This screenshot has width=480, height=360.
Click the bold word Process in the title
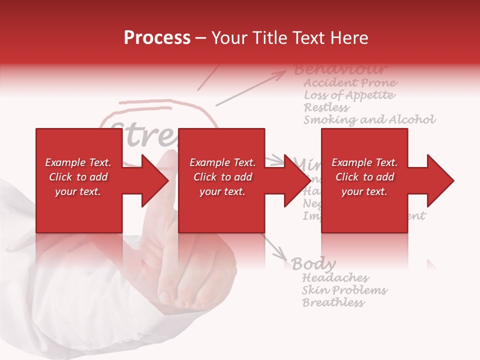point(157,38)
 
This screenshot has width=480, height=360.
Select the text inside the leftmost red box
point(78,177)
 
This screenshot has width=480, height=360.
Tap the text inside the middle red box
point(222,177)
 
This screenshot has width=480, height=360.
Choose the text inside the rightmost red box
point(364,177)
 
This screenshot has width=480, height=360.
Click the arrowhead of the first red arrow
point(155,180)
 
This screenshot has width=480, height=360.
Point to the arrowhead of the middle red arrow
point(297,180)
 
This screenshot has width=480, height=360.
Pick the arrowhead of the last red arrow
point(440,180)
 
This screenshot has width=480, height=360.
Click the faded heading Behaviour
point(340,69)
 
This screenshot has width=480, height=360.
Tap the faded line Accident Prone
point(350,82)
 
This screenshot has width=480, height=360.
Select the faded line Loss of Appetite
point(349,95)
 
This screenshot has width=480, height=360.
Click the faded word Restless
point(326,107)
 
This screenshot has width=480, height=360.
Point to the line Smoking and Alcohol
point(369,119)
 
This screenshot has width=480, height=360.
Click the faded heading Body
point(313,263)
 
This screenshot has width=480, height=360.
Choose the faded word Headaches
point(335,277)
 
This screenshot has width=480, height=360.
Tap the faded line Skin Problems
point(344,290)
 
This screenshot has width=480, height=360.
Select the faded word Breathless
point(333,302)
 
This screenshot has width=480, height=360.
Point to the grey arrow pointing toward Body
point(275,247)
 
